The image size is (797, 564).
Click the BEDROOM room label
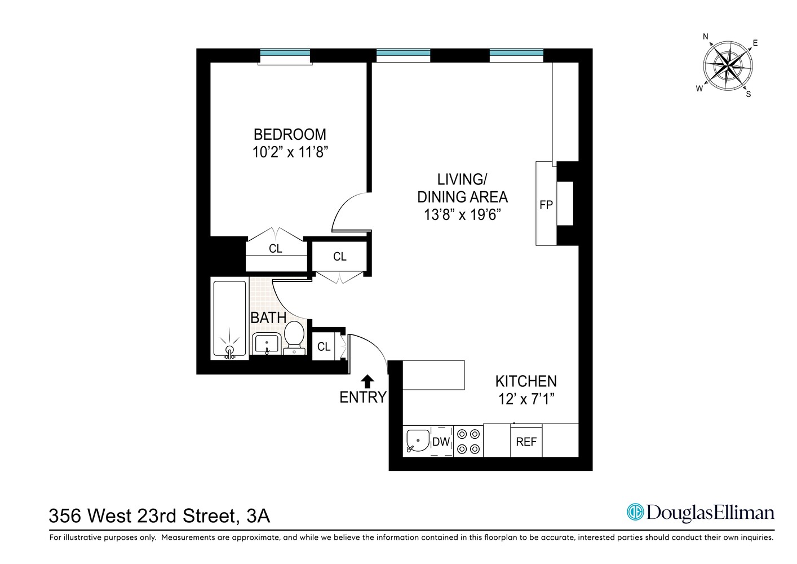click(290, 134)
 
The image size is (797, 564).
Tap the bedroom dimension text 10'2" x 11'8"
click(290, 152)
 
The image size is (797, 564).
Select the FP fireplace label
click(546, 205)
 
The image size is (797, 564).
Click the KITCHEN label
click(526, 381)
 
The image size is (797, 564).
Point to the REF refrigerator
click(526, 442)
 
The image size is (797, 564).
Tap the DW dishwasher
click(441, 442)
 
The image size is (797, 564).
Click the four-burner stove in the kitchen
click(468, 442)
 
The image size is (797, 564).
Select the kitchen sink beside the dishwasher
click(417, 442)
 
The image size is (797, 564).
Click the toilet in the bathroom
click(294, 337)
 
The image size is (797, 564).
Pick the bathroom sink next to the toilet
click(267, 343)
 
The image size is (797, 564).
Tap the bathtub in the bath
click(229, 319)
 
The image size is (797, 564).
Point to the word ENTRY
click(363, 398)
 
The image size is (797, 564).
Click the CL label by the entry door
click(324, 347)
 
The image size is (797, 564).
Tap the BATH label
click(268, 318)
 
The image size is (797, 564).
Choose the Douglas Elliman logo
click(701, 513)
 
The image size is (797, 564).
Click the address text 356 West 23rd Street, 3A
click(160, 515)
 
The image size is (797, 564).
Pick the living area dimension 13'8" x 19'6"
click(462, 215)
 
